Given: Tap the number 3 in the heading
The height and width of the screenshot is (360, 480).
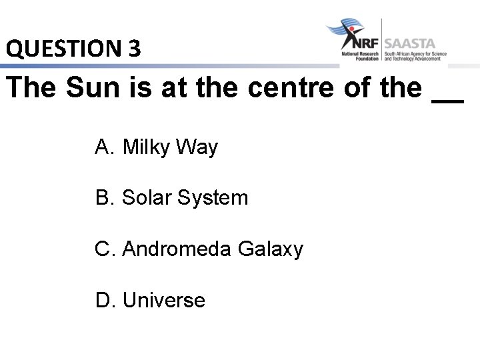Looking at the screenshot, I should [x=134, y=48].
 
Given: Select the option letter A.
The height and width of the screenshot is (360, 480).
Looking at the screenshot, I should [x=103, y=147].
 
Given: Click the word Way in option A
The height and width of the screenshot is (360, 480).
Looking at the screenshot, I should [x=197, y=148].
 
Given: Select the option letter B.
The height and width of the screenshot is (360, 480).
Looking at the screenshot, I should [x=103, y=198].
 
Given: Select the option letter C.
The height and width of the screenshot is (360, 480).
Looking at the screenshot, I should [x=104, y=249].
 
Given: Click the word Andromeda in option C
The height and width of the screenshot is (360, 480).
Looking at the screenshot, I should [x=177, y=249].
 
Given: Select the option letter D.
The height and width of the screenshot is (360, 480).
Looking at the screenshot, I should [x=104, y=301].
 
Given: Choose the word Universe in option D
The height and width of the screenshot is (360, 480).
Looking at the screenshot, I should [x=164, y=301].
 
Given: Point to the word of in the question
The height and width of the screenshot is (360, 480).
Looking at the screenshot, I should [x=358, y=87].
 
